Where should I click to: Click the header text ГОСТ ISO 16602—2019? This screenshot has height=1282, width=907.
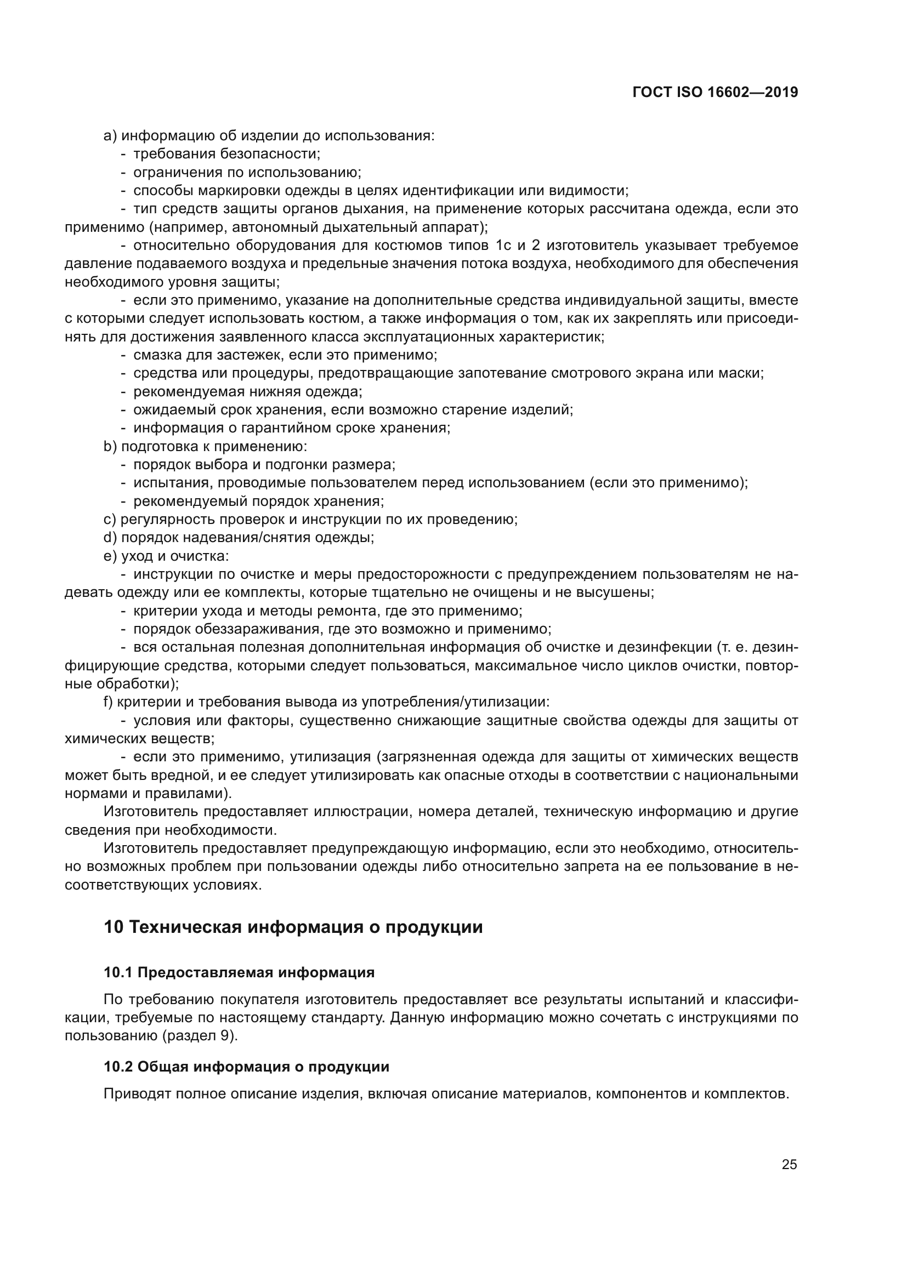coord(715,93)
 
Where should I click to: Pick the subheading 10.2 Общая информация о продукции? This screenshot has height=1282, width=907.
coord(246,1067)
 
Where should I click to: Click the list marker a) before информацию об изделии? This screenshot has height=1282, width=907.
coord(110,136)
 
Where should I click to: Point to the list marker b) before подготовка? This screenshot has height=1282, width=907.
coord(110,446)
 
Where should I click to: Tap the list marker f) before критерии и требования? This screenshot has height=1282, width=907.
coord(109,702)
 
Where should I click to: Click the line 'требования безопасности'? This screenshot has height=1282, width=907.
coord(226,154)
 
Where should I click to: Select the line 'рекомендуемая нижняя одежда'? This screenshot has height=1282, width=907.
coord(247,391)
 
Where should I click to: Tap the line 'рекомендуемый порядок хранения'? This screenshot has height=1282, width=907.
coord(258,501)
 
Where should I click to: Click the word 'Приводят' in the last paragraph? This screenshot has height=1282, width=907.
coord(137,1094)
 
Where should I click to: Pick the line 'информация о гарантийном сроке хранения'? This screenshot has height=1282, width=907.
coord(292,428)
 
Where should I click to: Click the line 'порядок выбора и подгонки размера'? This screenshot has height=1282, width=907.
coord(264,465)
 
